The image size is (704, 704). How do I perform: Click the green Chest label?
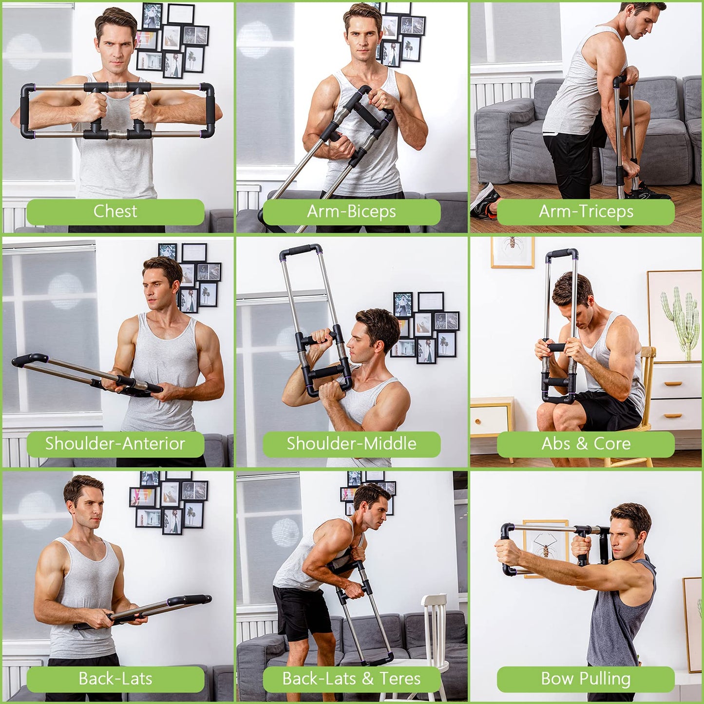click(x=115, y=211)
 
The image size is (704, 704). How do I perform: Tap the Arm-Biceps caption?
click(x=351, y=211)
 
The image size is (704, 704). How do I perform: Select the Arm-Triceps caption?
click(x=586, y=211)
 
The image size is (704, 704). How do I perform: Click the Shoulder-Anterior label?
click(x=115, y=444)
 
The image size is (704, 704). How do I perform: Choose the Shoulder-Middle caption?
click(x=351, y=444)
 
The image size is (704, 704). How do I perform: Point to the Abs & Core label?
click(x=586, y=444)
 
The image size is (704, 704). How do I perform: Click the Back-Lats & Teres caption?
click(x=351, y=679)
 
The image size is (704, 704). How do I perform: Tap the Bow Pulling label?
click(x=586, y=679)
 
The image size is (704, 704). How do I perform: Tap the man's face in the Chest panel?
click(x=116, y=47)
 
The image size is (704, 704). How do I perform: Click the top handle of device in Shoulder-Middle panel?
click(x=301, y=251)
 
